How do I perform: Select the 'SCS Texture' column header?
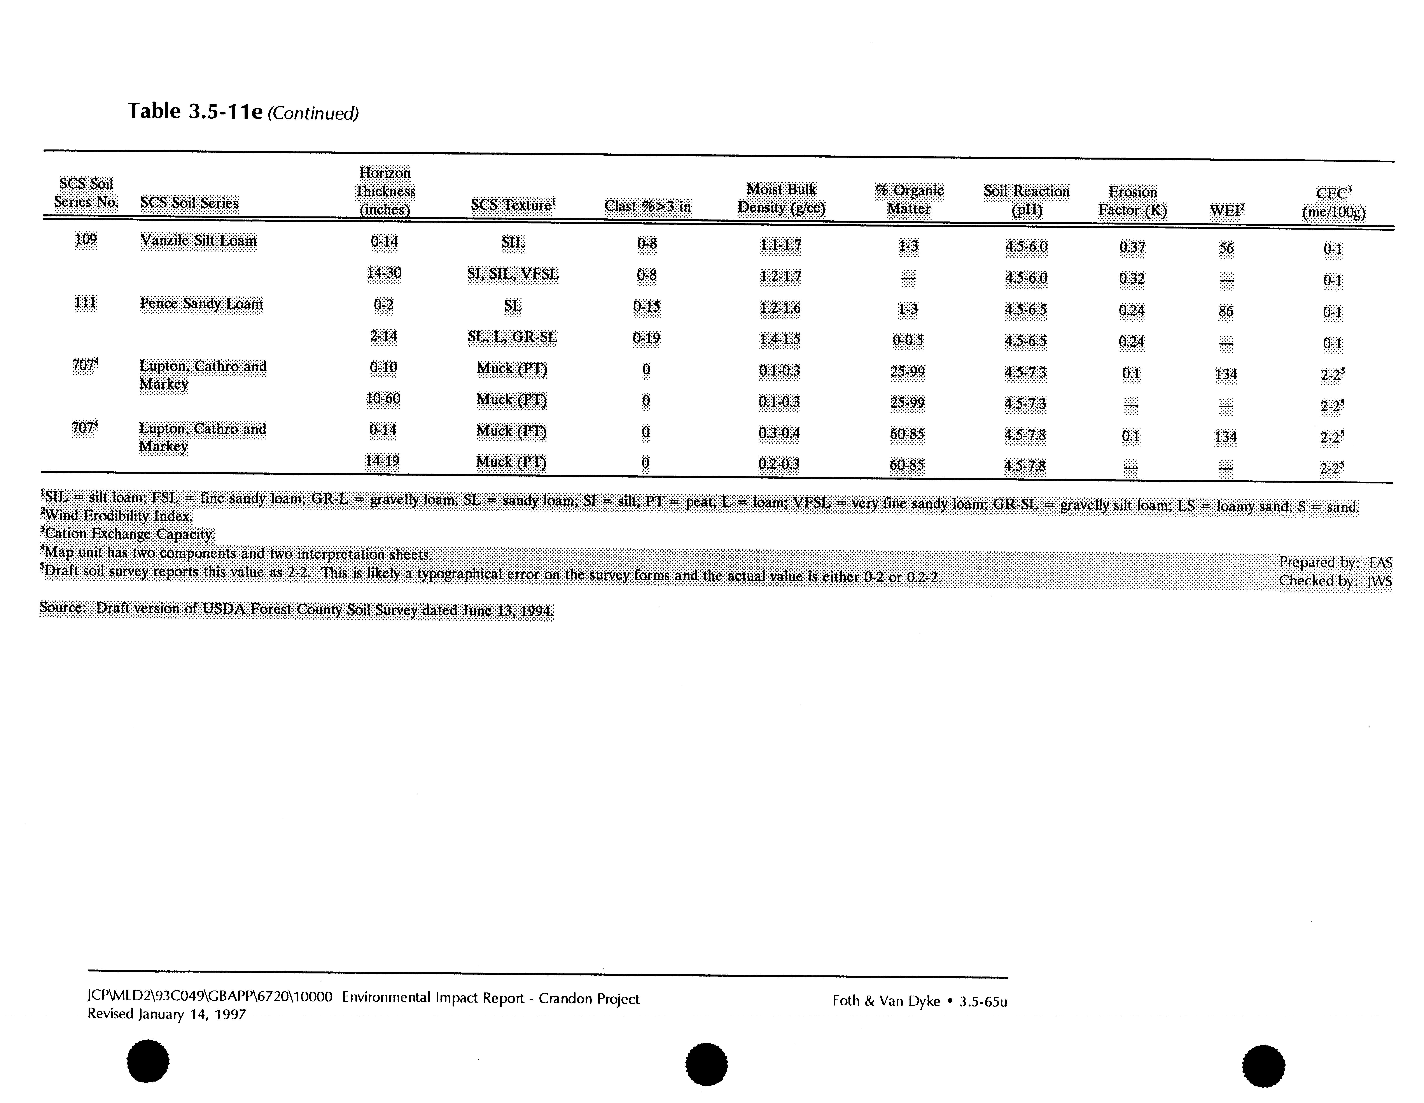513,205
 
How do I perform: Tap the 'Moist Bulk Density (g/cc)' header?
781,198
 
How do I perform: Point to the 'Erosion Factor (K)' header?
1133,201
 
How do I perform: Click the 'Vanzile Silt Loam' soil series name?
199,241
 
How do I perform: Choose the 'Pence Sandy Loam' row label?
201,304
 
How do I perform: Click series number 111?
85,303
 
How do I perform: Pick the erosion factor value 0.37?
1132,247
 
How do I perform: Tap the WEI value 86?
1226,311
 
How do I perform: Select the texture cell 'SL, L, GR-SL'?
513,337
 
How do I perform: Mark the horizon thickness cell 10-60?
383,399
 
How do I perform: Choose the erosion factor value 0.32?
1132,279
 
